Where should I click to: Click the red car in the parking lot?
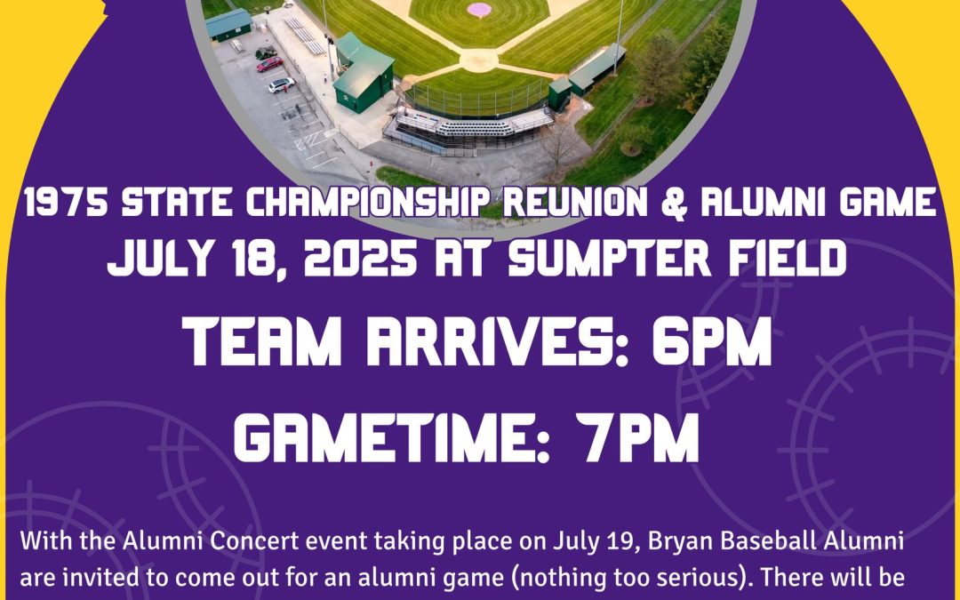coord(269,64)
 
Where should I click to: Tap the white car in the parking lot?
coord(281,85)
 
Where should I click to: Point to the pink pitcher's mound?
coord(479,9)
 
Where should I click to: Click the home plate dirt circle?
coord(479,60)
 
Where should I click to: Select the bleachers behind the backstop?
coord(471,125)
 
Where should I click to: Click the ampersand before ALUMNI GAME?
coord(674,203)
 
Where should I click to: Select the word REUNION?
coord(575,202)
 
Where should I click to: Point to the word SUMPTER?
coord(610,258)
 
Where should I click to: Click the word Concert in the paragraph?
coord(255,542)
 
